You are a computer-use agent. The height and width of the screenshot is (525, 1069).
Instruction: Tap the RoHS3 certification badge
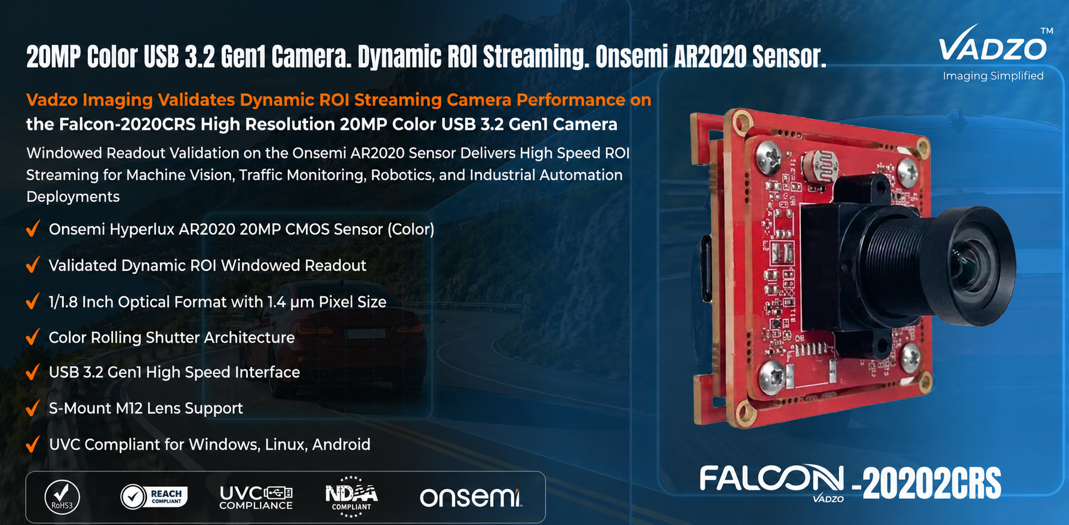62,497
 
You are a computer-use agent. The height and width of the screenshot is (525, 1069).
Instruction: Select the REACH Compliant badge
154,496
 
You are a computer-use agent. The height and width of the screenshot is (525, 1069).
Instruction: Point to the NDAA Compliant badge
351,496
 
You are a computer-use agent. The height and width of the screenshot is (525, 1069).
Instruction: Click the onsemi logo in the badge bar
471,498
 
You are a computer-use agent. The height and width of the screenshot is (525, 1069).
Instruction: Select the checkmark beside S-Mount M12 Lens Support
33,409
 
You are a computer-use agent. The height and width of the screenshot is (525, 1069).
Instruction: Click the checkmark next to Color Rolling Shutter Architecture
33,337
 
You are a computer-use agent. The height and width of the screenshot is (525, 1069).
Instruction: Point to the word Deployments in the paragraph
73,197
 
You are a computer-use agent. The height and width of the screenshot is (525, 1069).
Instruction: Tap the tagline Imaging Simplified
993,76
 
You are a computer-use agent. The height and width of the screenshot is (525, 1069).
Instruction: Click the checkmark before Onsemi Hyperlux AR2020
33,229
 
